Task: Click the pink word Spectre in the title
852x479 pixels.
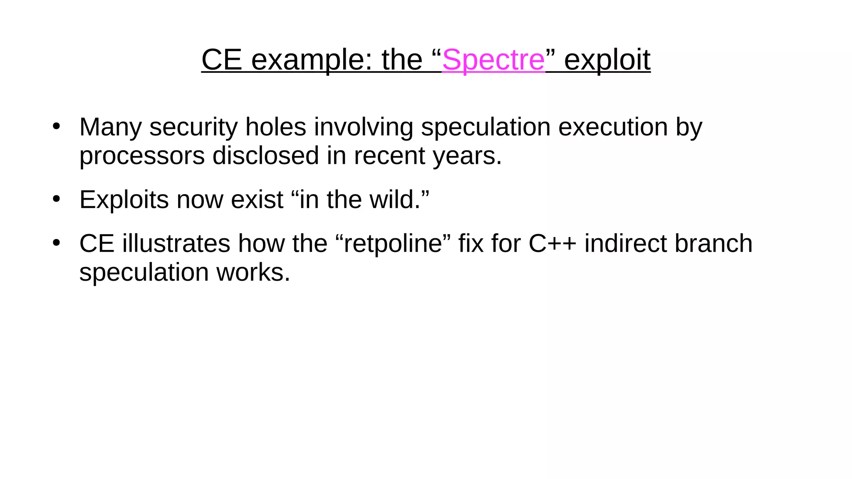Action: [493, 60]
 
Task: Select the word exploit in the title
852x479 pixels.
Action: [607, 60]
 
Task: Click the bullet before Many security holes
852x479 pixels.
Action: [57, 126]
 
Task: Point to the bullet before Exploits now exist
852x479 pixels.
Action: [57, 199]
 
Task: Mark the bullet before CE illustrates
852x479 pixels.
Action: [57, 242]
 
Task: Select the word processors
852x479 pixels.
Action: [142, 156]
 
